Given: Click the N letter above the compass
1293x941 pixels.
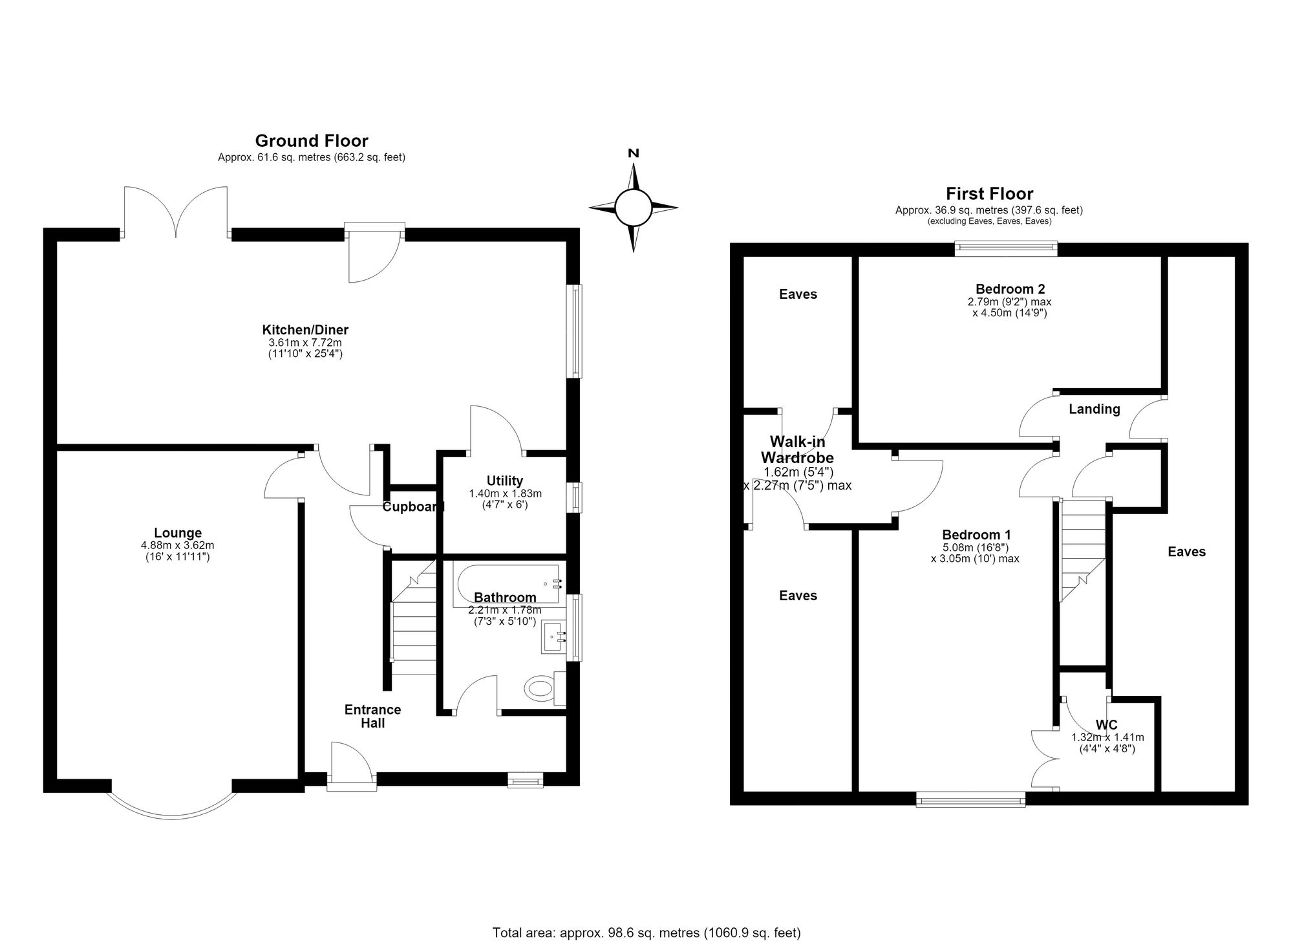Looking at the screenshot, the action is click(x=634, y=153).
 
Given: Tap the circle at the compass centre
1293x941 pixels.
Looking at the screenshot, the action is click(x=634, y=208).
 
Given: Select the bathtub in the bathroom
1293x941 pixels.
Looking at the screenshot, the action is click(x=508, y=585).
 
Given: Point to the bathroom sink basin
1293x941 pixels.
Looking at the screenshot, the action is click(x=553, y=637).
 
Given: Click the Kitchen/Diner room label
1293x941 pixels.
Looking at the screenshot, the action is click(x=305, y=330).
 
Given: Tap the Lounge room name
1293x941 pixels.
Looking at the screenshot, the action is click(x=178, y=533).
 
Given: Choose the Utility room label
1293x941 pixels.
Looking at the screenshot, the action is click(x=505, y=481).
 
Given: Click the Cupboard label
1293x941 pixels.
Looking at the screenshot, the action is click(x=413, y=506).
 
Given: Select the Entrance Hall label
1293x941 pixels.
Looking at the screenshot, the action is click(x=372, y=716).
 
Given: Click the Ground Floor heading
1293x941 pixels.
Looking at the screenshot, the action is click(x=312, y=140).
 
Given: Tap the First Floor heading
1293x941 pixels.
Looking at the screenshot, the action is click(x=989, y=193).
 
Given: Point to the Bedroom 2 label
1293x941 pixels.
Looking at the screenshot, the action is click(x=1010, y=289).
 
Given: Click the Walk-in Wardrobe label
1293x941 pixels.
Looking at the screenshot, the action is click(x=798, y=449).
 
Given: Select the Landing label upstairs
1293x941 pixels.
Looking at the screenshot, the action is click(x=1094, y=409).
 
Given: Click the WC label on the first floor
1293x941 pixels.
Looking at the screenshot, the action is click(x=1107, y=725).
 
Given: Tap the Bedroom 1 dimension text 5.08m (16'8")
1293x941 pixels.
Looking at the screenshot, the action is click(x=976, y=547).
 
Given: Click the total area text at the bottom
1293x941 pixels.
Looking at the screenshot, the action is click(x=646, y=933).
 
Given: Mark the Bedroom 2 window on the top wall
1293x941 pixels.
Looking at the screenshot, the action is click(x=1006, y=248).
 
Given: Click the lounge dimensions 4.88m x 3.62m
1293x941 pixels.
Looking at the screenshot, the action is click(x=178, y=545).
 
